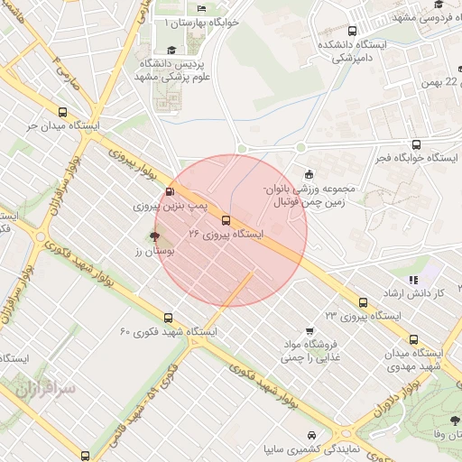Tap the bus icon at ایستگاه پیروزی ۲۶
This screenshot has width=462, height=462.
[x=225, y=219]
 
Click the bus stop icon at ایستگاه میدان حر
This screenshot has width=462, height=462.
[x=62, y=112]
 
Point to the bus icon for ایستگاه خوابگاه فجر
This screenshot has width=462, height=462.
[x=414, y=143]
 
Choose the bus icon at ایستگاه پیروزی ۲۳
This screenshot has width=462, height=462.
[x=363, y=302]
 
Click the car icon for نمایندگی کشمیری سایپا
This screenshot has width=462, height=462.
[x=312, y=433]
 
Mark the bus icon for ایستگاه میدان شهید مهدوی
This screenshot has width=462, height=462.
[x=414, y=339]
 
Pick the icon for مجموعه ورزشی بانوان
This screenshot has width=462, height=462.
[x=310, y=174]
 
